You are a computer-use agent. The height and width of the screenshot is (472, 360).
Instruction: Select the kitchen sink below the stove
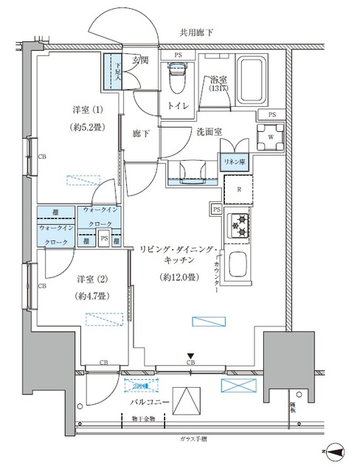[240, 263]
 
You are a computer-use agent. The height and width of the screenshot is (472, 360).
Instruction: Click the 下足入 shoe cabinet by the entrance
[114, 73]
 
